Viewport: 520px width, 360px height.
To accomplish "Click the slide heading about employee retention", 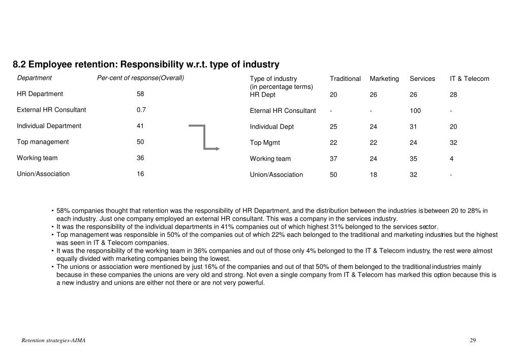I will click(146, 65).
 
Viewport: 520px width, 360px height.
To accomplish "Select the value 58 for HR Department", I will click(140, 94).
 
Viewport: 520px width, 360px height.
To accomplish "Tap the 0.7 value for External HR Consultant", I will click(141, 110).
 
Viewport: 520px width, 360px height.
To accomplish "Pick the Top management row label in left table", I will click(43, 142).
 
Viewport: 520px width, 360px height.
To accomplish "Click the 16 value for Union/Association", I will click(140, 174).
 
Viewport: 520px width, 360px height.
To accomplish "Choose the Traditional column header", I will click(345, 79).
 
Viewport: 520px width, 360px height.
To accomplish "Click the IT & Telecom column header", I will click(469, 79).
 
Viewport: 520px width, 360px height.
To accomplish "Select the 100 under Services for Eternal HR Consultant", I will click(415, 111).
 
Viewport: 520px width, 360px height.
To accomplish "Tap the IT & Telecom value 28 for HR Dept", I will click(453, 95).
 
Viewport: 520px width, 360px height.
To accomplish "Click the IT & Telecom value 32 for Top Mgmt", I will click(453, 143).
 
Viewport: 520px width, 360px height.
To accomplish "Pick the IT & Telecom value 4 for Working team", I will click(451, 159).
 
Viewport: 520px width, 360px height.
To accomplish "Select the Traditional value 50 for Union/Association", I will click(333, 175).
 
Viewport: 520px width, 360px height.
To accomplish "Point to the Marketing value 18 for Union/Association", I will click(374, 175).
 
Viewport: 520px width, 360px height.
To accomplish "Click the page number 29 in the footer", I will click(472, 340).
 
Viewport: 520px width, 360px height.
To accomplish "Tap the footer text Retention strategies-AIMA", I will click(53, 340).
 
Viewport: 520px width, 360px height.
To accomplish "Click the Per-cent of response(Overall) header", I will click(140, 78).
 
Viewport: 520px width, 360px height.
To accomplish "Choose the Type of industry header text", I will click(273, 79).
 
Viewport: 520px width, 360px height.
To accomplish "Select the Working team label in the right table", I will click(270, 159).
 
